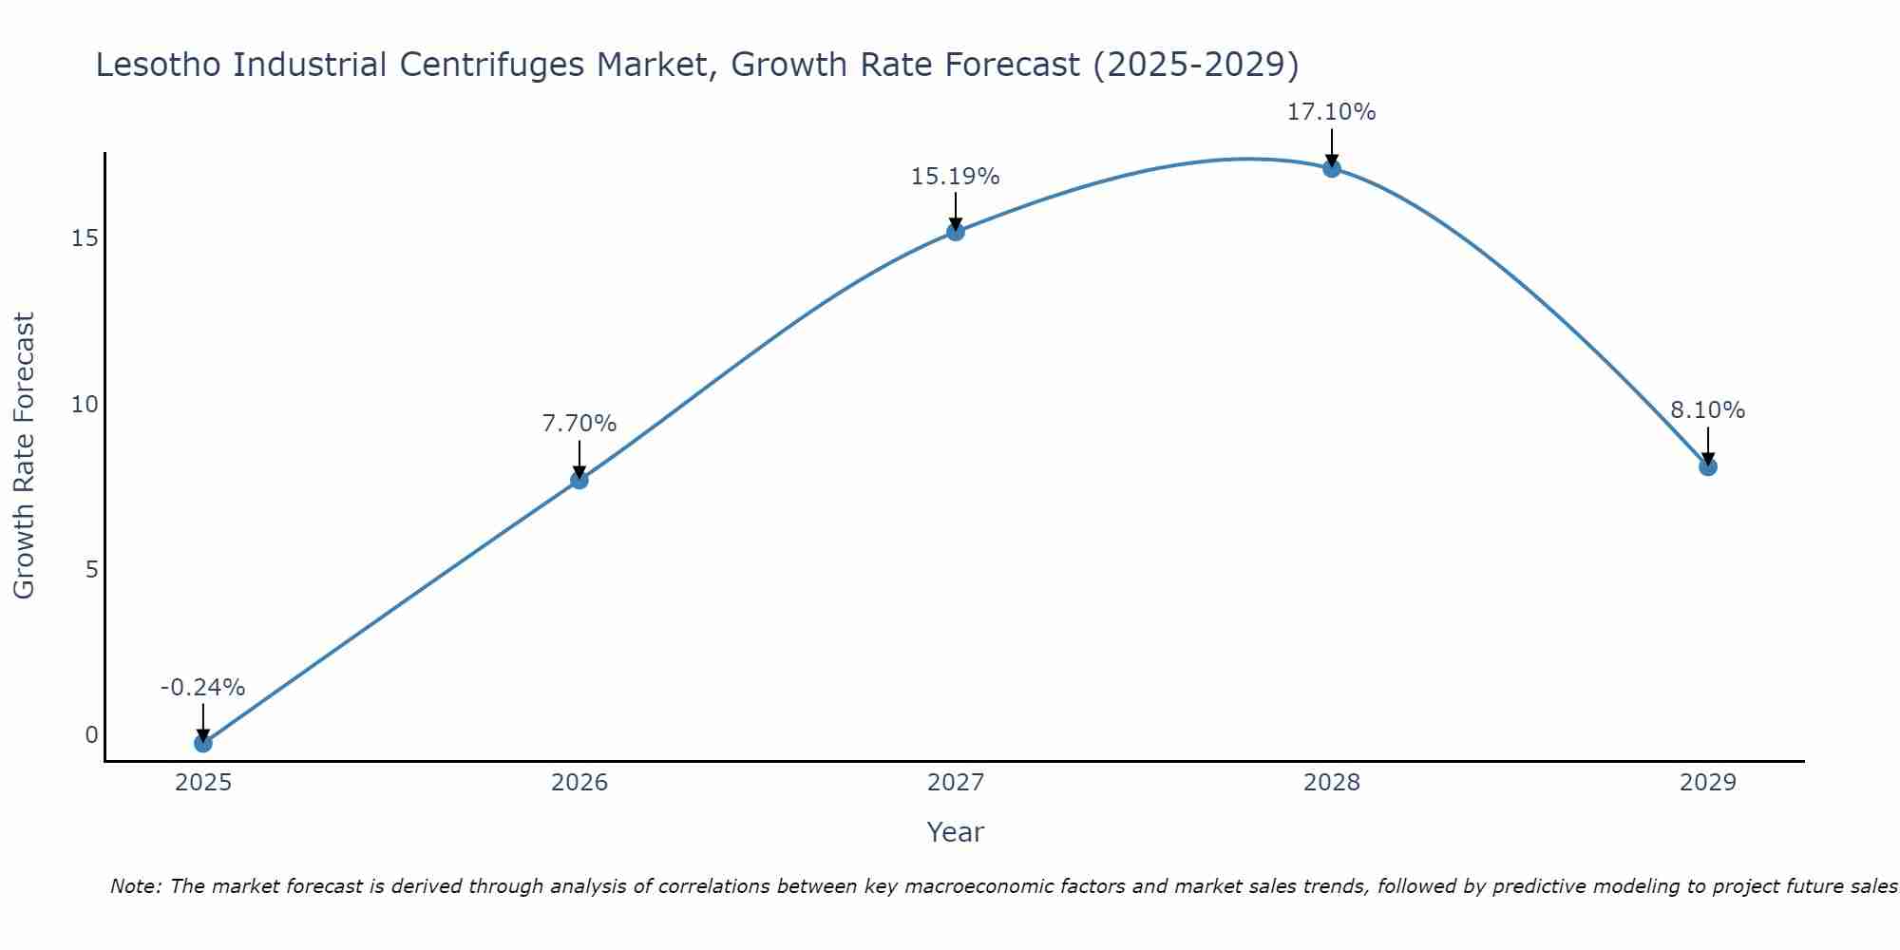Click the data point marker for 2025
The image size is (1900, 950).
(202, 743)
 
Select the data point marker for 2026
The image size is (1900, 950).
(579, 480)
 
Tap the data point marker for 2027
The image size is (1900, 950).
(955, 231)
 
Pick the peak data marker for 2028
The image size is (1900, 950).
(1331, 168)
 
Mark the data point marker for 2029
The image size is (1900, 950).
(1707, 466)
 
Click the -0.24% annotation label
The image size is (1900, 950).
(202, 688)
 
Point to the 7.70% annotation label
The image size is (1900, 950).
(579, 424)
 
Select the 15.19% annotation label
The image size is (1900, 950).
(955, 177)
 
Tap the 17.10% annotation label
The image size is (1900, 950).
(1331, 112)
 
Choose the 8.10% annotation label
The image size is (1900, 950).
(1707, 410)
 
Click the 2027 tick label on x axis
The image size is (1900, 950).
(955, 783)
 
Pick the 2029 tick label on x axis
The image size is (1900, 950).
(1707, 783)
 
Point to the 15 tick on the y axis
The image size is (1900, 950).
(85, 238)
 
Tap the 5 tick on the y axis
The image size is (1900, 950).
(92, 570)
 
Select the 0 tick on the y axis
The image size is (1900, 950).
(92, 735)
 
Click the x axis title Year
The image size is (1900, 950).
(955, 832)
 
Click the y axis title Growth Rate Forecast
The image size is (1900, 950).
(25, 456)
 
